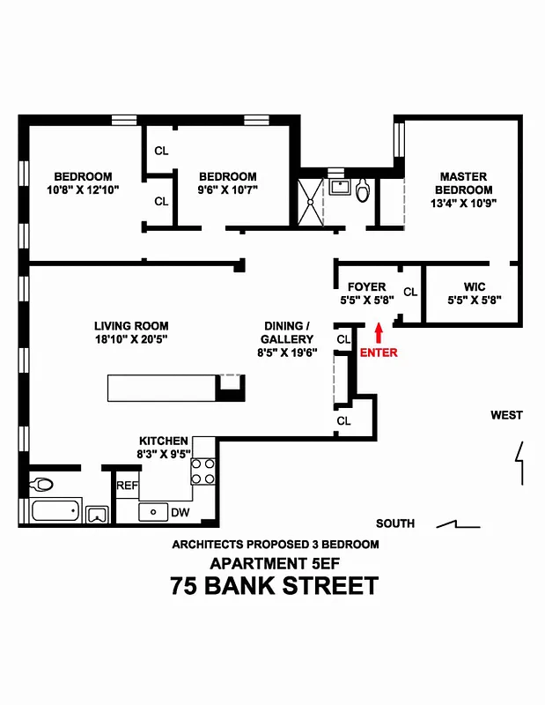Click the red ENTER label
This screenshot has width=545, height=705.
[x=379, y=352]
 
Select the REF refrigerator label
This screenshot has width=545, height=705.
[x=127, y=486]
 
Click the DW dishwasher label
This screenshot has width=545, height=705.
[x=180, y=512]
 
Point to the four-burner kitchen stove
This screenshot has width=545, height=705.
[x=203, y=472]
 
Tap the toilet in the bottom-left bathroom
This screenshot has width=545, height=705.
[x=41, y=484]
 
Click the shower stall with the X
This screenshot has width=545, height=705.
[x=310, y=201]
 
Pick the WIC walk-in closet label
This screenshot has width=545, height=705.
[x=474, y=286]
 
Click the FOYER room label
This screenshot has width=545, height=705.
[x=366, y=286]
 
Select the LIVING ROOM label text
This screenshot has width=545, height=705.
[x=131, y=326]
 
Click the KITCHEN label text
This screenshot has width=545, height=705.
[x=163, y=441]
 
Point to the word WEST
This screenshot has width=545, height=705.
[x=507, y=415]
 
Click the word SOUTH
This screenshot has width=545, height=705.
[x=395, y=523]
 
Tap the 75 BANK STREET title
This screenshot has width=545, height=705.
[x=275, y=586]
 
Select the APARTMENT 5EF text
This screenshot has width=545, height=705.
[x=275, y=563]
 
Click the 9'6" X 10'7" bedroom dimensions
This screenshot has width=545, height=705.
[x=227, y=190]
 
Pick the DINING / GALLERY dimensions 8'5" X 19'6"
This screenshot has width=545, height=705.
[x=287, y=352]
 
